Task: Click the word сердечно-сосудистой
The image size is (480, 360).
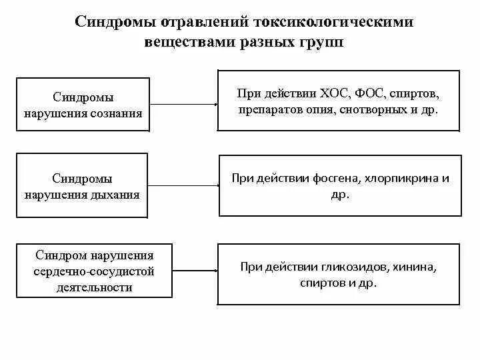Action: [95, 271]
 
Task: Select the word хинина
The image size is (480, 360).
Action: [415, 267]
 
